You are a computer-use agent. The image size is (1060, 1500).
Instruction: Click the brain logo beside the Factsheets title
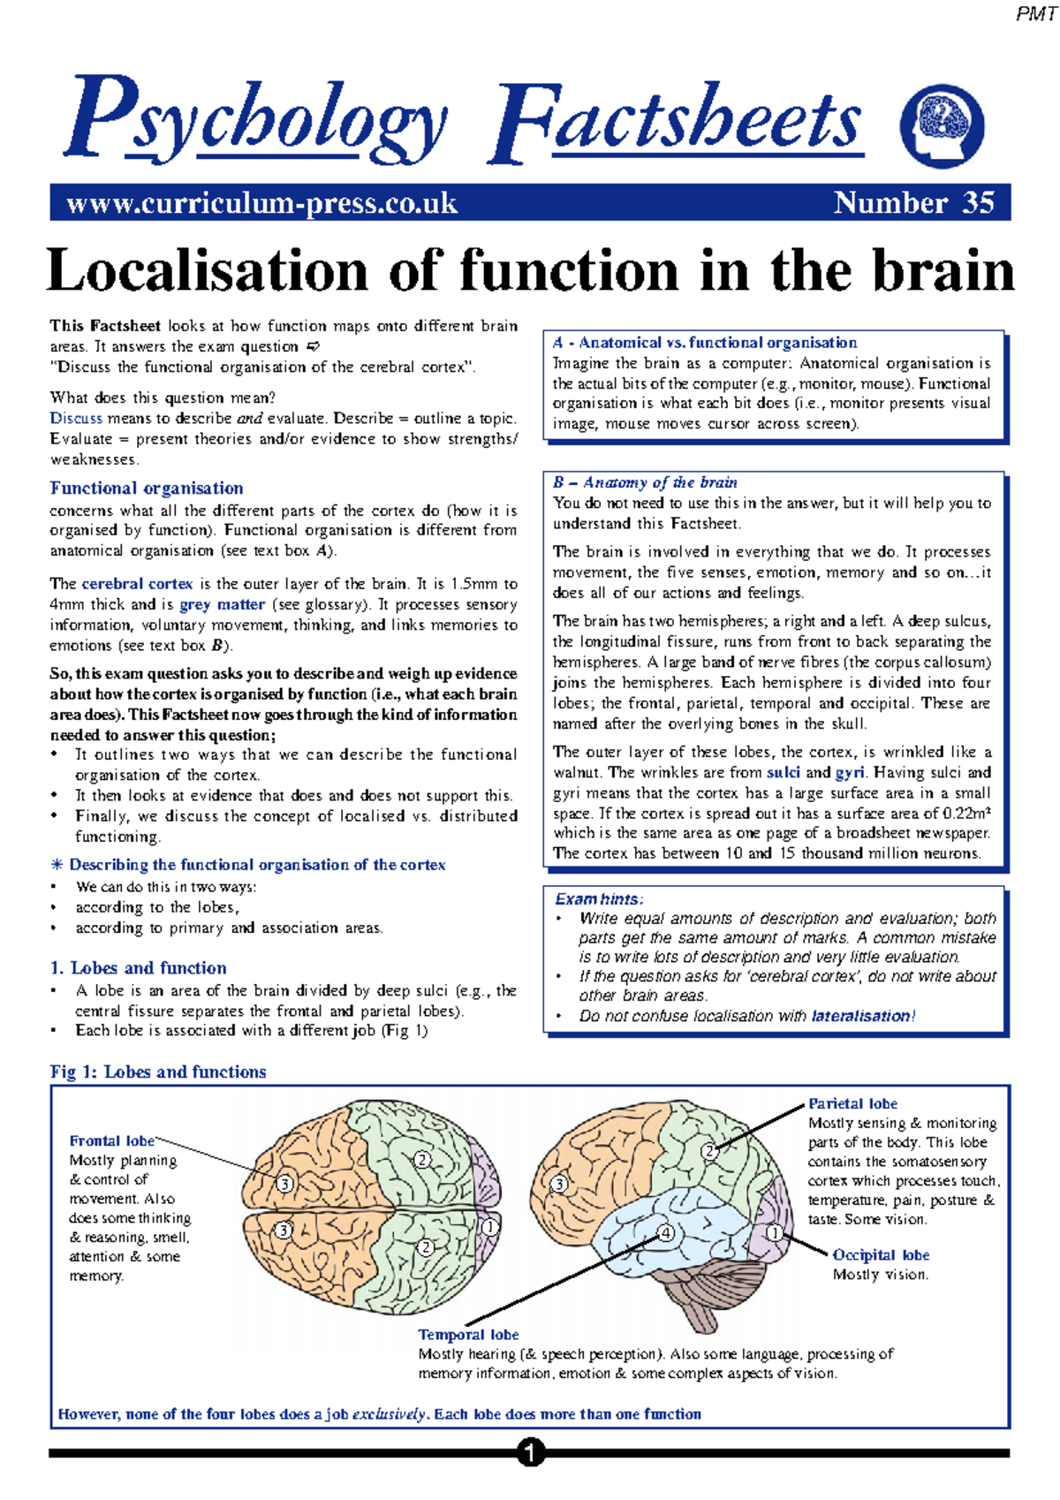[x=941, y=125]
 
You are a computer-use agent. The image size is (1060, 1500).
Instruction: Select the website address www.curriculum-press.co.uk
[x=261, y=203]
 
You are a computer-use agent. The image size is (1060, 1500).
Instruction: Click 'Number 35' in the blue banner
[x=913, y=203]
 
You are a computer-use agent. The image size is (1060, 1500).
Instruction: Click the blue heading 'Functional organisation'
[x=146, y=488]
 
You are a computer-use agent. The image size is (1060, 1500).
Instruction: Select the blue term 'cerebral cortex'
[x=137, y=584]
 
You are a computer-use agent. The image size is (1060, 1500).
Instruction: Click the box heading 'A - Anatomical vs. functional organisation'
[x=704, y=343]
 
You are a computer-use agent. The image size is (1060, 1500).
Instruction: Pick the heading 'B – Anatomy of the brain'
[x=645, y=482]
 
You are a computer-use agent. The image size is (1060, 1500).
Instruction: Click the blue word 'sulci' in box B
[x=783, y=772]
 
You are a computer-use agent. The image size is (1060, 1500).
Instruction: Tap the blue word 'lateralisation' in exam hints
[x=860, y=1016]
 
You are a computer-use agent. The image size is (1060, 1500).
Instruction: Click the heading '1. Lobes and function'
[x=138, y=967]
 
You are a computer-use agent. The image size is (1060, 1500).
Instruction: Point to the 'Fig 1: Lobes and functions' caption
[x=158, y=1072]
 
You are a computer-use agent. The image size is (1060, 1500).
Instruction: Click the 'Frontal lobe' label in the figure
[x=111, y=1140]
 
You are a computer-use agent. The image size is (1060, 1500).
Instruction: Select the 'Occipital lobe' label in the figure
[x=881, y=1254]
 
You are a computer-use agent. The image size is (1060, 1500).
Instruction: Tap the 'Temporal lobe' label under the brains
[x=468, y=1334]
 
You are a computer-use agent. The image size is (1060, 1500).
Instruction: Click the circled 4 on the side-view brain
[x=666, y=1233]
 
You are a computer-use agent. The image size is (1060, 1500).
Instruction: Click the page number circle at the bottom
[x=530, y=1453]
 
